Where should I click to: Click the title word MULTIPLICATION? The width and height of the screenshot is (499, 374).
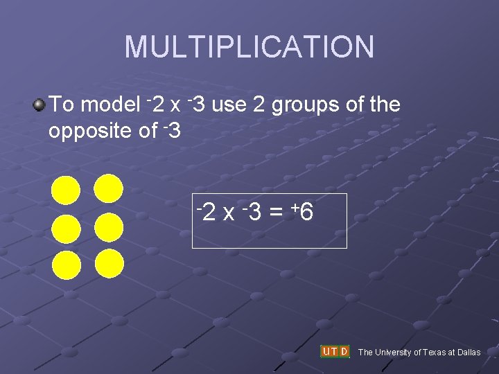pos(249,47)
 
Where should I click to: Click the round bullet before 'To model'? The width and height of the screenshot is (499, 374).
pos(39,105)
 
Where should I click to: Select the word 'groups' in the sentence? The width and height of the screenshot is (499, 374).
pos(304,105)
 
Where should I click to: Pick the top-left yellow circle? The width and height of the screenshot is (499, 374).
pos(67,190)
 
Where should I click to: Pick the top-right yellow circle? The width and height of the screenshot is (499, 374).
pos(109,188)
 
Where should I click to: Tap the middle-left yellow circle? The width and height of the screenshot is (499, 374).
pos(67,229)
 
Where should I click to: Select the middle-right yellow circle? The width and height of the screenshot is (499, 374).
pos(109,226)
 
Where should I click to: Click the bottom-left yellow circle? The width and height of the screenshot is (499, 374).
pos(67,265)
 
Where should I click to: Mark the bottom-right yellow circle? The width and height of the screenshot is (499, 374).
pos(109,264)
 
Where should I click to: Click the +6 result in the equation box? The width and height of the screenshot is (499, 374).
pos(303,213)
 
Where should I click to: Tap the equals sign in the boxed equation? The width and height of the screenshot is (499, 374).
pos(275,213)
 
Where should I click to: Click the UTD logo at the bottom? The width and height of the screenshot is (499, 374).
pos(335,351)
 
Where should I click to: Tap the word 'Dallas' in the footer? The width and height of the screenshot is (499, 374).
pos(467,353)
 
